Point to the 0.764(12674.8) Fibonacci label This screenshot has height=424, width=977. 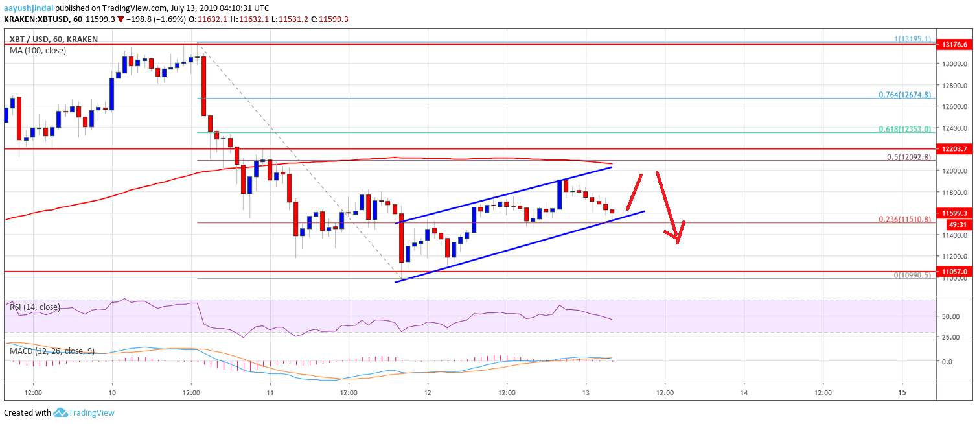point(904,95)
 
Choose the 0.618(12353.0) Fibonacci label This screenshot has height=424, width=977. point(904,129)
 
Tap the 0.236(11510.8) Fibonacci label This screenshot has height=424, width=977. point(904,219)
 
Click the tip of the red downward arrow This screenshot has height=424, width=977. point(678,242)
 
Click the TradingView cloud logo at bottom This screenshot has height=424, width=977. point(61,412)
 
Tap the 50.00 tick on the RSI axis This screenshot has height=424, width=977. point(951,316)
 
